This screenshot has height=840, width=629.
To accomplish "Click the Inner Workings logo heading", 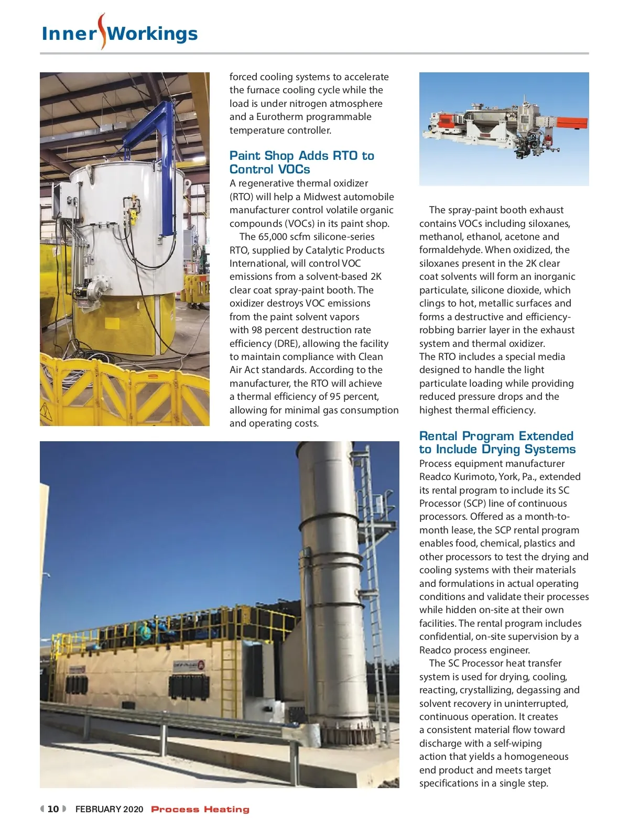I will pos(120,34).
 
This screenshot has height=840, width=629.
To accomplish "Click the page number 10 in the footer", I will pos(53,809).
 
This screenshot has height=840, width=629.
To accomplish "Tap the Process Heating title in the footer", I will pos(200,810).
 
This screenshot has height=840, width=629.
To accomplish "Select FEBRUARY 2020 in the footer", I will pos(109,809).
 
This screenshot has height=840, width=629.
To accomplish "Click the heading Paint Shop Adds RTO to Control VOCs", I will pos(301,162).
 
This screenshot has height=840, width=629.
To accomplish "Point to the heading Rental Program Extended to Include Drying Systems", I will pos(497,443).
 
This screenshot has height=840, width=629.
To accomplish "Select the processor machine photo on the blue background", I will pos(504,129).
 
